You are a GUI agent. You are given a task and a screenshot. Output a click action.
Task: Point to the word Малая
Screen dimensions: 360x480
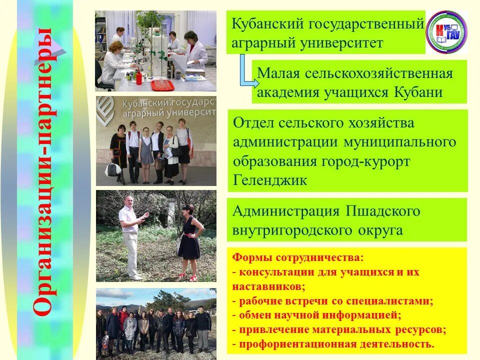click(278, 73)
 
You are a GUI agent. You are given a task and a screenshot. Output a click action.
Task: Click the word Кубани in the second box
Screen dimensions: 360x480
click(419, 93)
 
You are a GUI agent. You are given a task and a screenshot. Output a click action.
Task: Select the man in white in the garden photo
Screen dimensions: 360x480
click(131, 235)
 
